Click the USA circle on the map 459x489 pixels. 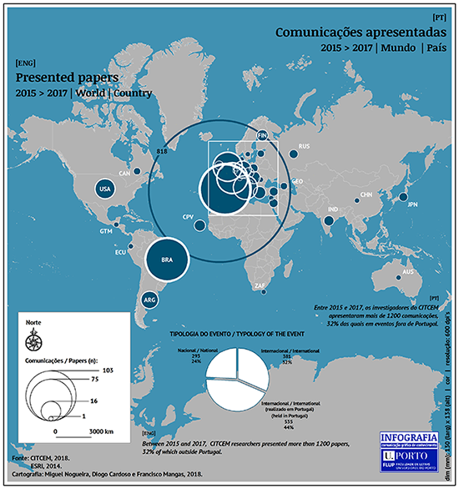pyautogui.click(x=105, y=189)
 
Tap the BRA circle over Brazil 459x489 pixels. pyautogui.click(x=166, y=260)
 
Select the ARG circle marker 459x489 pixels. pyautogui.click(x=151, y=300)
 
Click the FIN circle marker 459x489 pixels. pyautogui.click(x=262, y=135)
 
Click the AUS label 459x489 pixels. pyautogui.click(x=408, y=273)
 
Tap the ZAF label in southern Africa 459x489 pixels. pyautogui.click(x=260, y=286)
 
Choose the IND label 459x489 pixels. pyautogui.click(x=333, y=209)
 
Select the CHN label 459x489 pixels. pyautogui.click(x=366, y=194)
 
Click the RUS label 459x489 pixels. pyautogui.click(x=304, y=147)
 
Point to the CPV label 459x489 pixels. pyautogui.click(x=188, y=217)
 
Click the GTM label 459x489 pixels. pyautogui.click(x=106, y=230)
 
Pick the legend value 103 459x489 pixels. pyautogui.click(x=106, y=370)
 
